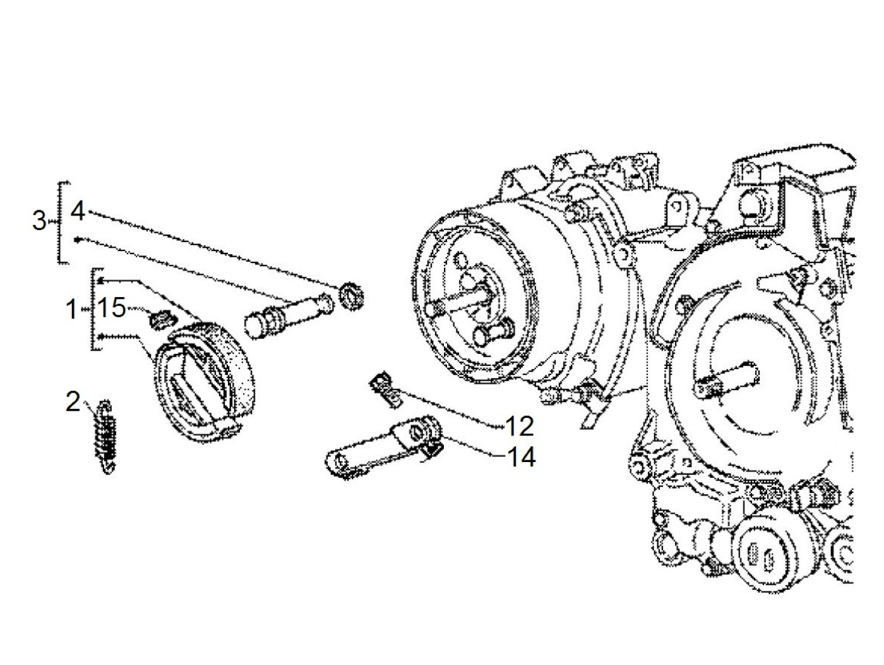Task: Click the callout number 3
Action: [40, 221]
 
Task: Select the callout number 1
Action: [72, 310]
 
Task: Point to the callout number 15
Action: [112, 307]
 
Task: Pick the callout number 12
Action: [519, 426]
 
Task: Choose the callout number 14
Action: [522, 457]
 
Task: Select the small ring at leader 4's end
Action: [352, 296]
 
